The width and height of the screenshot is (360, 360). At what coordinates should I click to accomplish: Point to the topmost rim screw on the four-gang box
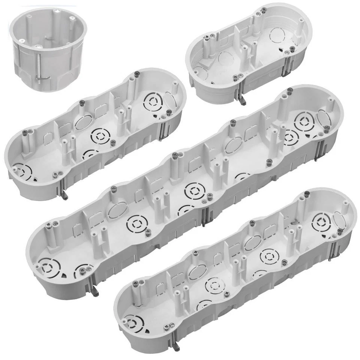click(x=307, y=193)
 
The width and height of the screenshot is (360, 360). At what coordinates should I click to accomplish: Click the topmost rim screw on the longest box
click(x=290, y=90)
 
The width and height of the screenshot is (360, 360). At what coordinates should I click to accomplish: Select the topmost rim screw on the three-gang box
click(x=136, y=75)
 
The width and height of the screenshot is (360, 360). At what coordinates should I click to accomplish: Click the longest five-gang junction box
click(x=184, y=191)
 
